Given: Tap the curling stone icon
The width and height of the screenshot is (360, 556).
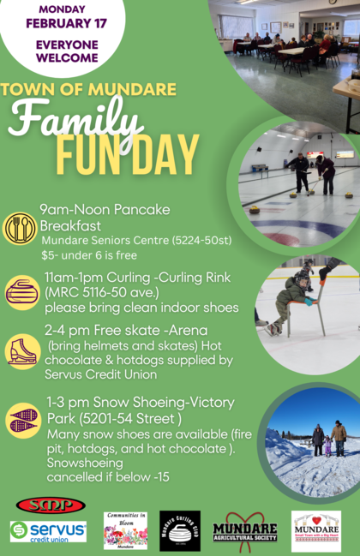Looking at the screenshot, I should pyautogui.click(x=21, y=292).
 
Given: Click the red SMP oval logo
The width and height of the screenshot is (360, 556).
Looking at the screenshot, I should pyautogui.click(x=51, y=505).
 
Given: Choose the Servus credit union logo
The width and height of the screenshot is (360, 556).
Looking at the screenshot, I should pyautogui.click(x=48, y=531).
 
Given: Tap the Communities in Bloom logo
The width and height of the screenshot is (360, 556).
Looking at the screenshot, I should pyautogui.click(x=126, y=530).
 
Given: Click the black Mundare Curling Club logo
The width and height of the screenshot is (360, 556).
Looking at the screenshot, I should pyautogui.click(x=180, y=531).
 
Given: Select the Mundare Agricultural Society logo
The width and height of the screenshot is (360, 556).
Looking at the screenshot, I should pyautogui.click(x=245, y=532).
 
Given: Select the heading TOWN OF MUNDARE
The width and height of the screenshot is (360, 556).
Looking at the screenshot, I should pyautogui.click(x=89, y=89).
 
